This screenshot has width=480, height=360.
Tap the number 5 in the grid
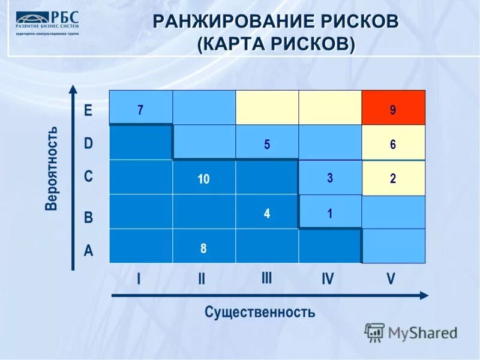click(x=267, y=143)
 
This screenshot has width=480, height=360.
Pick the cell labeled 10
click(x=203, y=178)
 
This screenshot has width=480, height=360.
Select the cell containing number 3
click(x=330, y=178)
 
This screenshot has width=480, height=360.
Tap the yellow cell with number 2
click(x=393, y=178)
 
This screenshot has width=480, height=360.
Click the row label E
click(x=88, y=110)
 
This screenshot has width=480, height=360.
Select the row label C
click(x=88, y=177)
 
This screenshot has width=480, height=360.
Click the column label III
click(x=266, y=278)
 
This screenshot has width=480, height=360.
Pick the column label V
click(x=391, y=279)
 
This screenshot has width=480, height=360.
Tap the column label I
click(x=139, y=279)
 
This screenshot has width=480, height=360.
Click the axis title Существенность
click(x=259, y=312)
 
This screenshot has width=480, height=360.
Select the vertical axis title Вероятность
click(x=52, y=168)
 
